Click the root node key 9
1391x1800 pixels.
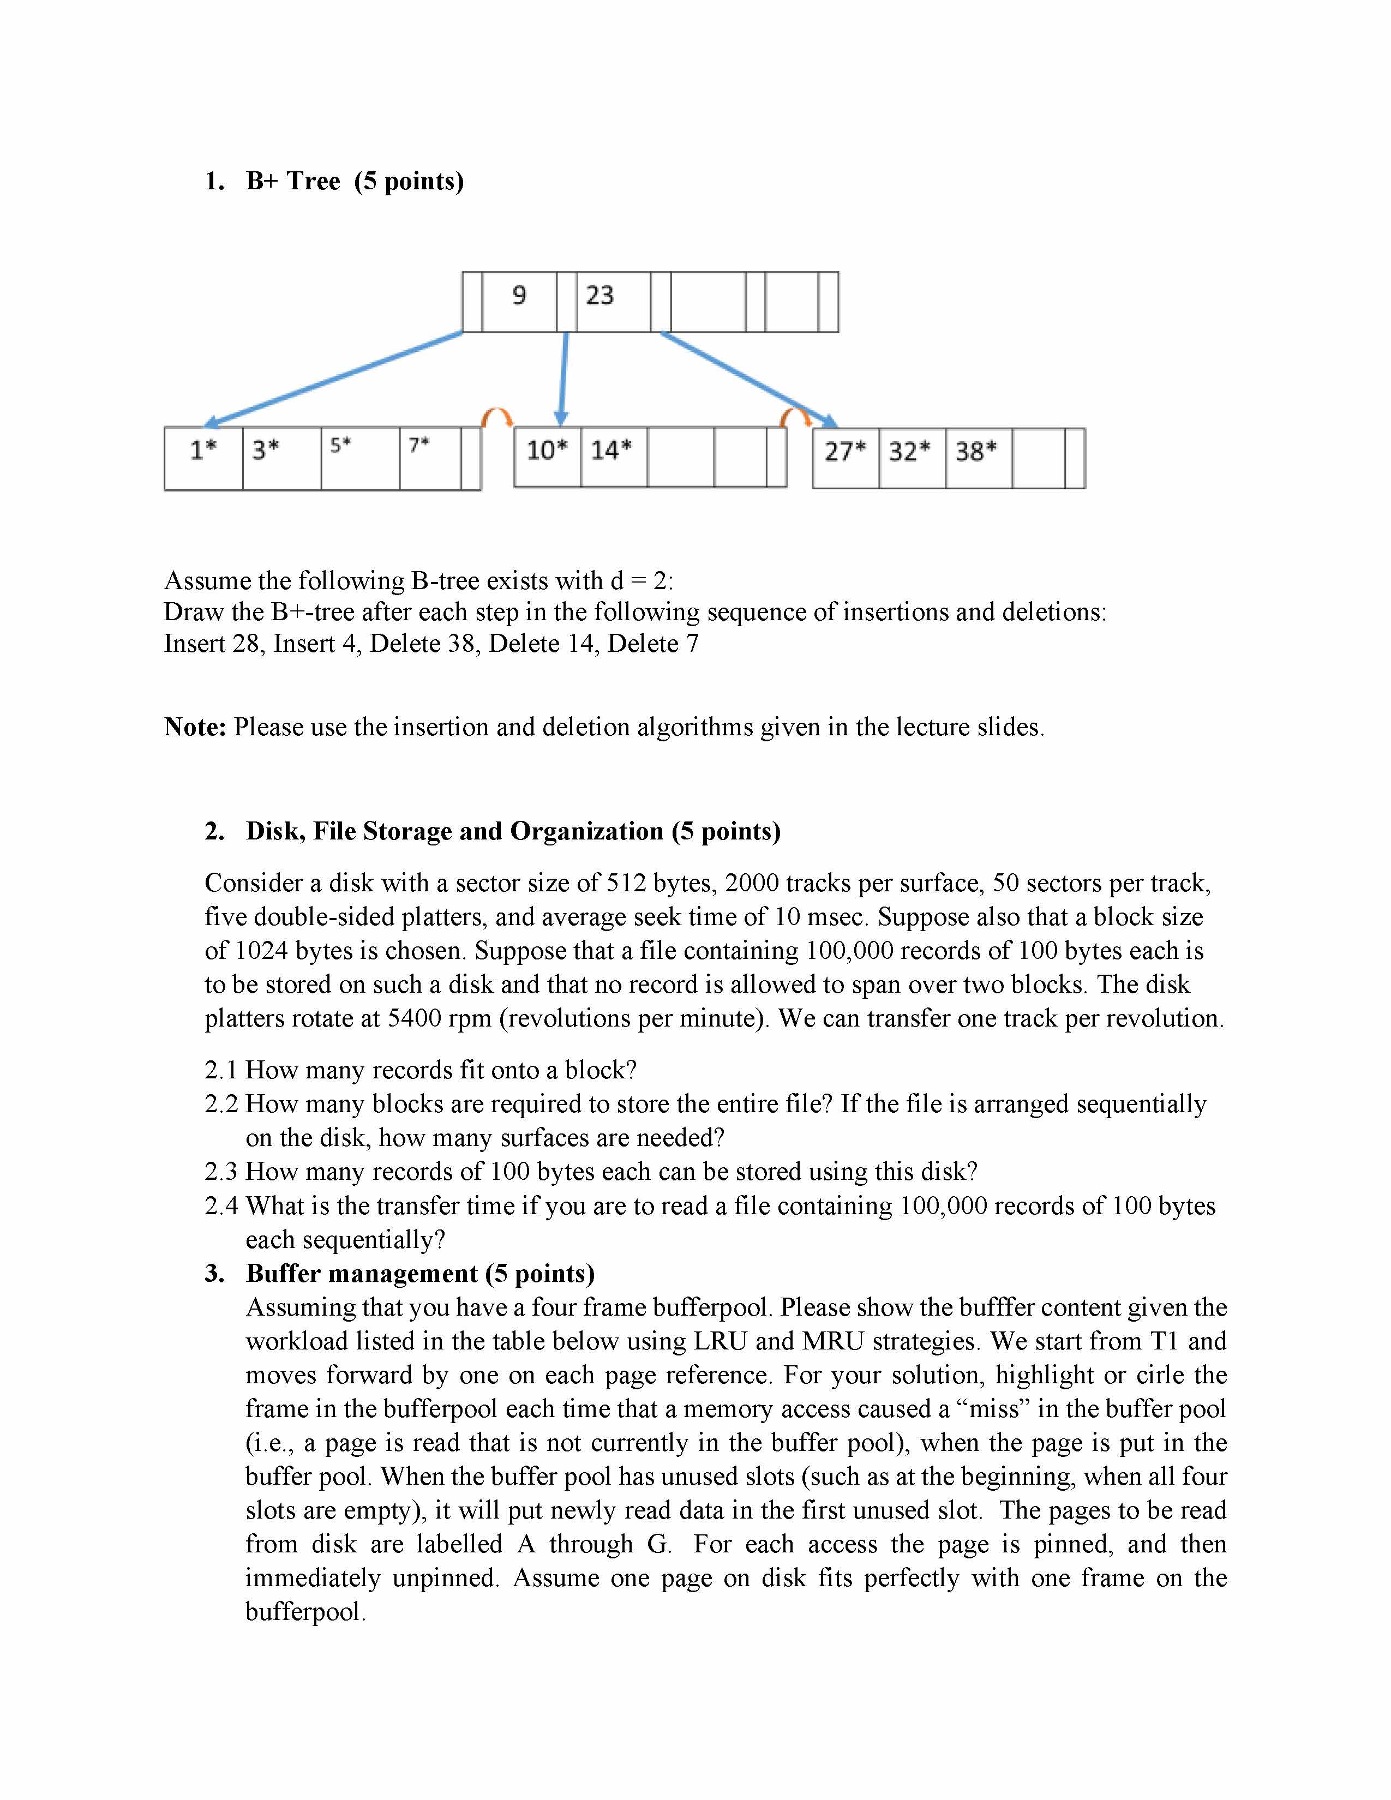tap(519, 295)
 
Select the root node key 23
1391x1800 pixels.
tap(600, 295)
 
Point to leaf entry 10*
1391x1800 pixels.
tap(547, 451)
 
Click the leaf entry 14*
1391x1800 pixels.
tap(611, 451)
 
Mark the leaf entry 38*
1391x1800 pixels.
tap(976, 452)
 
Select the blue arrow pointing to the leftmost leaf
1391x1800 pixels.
tap(334, 379)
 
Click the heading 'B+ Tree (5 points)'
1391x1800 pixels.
tap(355, 181)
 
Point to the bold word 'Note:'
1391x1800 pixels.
tap(195, 727)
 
